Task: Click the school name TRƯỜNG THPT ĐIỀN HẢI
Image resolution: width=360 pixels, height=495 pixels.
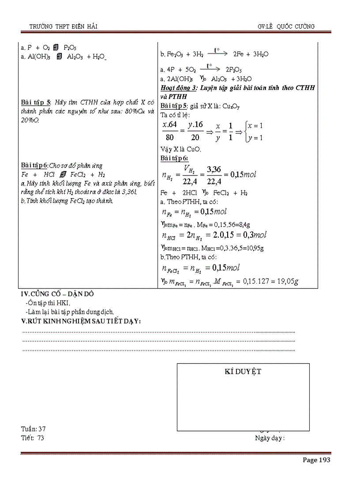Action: tap(63, 26)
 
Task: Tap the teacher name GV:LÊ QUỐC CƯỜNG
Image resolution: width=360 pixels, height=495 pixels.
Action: tap(286, 26)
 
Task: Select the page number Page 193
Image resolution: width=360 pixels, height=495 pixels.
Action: tap(316, 460)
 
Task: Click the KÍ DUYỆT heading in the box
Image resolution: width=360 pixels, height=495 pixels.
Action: tap(243, 372)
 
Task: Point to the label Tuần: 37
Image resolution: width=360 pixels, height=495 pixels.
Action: tap(33, 429)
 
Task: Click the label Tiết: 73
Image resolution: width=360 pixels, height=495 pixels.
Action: tap(32, 438)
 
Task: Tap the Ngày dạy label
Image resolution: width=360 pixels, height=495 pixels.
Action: tap(270, 438)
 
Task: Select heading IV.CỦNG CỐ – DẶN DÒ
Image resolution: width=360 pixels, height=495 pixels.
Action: tap(57, 294)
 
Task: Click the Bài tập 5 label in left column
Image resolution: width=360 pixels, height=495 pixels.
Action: tap(36, 103)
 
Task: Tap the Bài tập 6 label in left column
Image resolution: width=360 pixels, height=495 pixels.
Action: tap(34, 165)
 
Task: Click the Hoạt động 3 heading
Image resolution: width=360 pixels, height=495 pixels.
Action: tap(179, 88)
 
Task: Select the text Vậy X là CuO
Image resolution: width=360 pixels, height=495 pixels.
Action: tap(180, 149)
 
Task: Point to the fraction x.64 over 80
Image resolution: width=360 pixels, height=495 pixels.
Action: tap(170, 131)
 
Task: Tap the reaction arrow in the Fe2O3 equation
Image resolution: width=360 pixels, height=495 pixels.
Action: tap(217, 52)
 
